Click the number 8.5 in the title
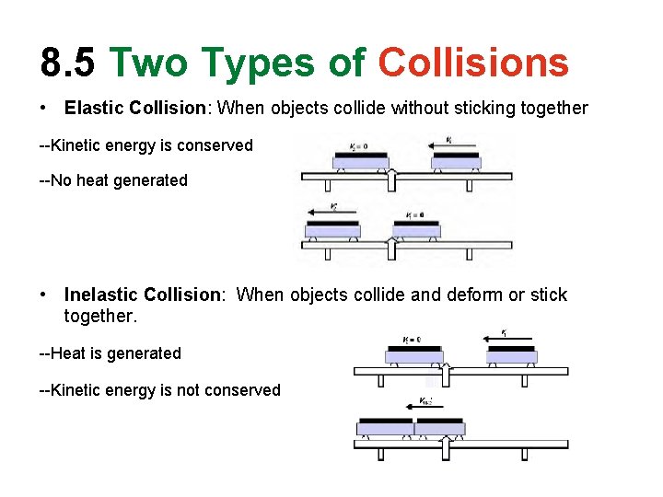pos(67,63)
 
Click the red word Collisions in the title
pos(473,63)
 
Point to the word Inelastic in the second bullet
pos(98,295)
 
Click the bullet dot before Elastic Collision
pos(44,109)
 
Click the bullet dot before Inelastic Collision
pos(44,295)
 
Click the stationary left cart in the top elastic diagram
pos(360,160)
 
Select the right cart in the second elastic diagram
pos(416,227)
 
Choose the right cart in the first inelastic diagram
pos(510,353)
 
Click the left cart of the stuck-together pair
pos(385,426)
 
